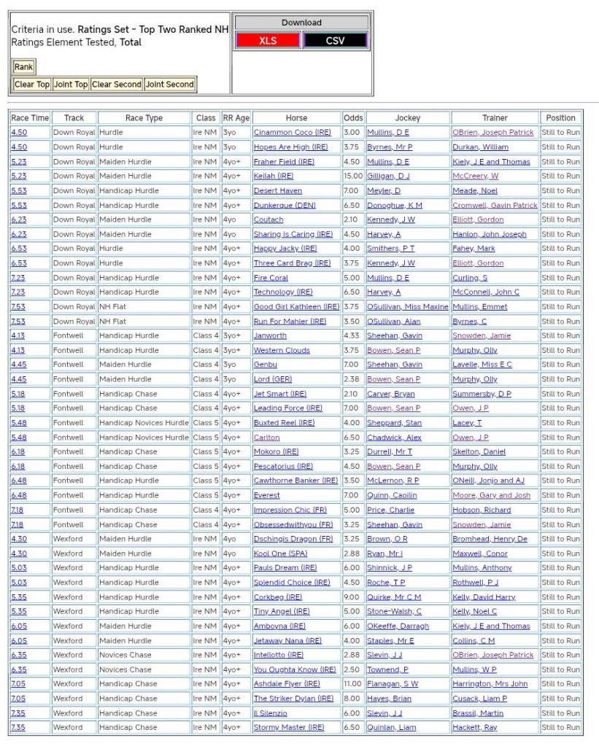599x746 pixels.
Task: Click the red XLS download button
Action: click(x=268, y=41)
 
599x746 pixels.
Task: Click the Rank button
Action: click(x=23, y=67)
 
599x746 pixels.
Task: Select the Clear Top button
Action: click(x=32, y=85)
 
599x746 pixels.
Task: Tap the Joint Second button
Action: click(x=170, y=85)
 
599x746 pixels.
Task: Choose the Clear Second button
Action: click(x=116, y=85)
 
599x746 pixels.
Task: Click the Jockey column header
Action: click(x=408, y=118)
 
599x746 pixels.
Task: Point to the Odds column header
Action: click(x=353, y=118)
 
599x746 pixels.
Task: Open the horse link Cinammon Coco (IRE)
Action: click(x=292, y=133)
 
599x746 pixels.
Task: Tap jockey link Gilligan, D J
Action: click(x=388, y=176)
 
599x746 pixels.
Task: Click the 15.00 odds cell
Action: click(x=353, y=176)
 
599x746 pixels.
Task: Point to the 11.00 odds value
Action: click(x=353, y=684)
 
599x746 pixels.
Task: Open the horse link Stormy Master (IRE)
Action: click(x=288, y=728)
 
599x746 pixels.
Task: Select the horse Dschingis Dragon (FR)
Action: click(x=293, y=539)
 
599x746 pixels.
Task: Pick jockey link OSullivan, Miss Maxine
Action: click(x=407, y=307)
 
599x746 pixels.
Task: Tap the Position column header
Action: click(x=560, y=118)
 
